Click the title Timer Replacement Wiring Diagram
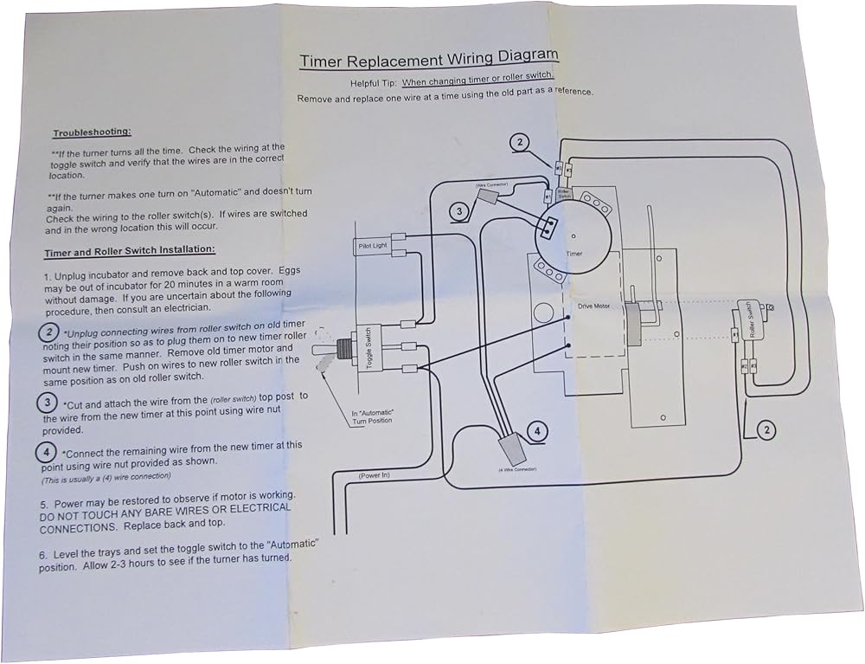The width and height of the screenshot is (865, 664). pyautogui.click(x=428, y=59)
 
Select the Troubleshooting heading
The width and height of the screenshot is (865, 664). pyautogui.click(x=92, y=132)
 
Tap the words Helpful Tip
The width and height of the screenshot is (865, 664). pyautogui.click(x=373, y=83)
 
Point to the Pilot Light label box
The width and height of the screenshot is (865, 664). pyautogui.click(x=374, y=247)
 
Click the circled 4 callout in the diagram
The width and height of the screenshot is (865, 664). pyautogui.click(x=537, y=430)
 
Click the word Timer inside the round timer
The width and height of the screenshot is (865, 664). pyautogui.click(x=574, y=255)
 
